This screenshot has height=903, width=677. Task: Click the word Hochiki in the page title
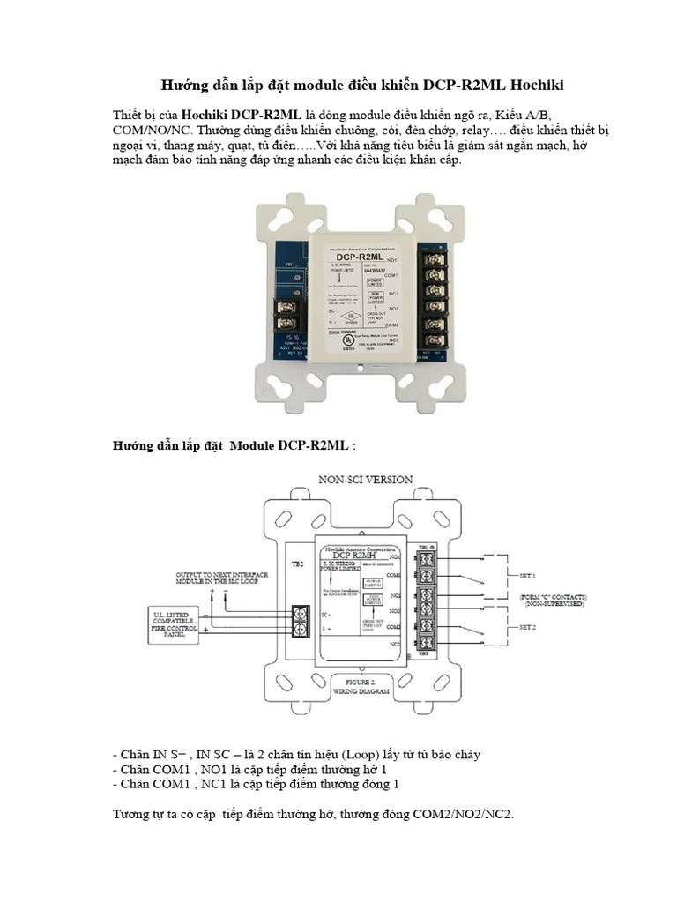point(526,85)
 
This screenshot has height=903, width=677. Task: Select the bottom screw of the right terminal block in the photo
point(435,338)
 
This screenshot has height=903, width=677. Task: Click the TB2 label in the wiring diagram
point(297,563)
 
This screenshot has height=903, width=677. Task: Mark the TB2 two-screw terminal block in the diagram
point(301,620)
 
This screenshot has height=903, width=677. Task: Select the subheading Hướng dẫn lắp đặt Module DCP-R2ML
point(234,446)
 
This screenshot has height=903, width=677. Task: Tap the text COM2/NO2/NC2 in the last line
point(462,814)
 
